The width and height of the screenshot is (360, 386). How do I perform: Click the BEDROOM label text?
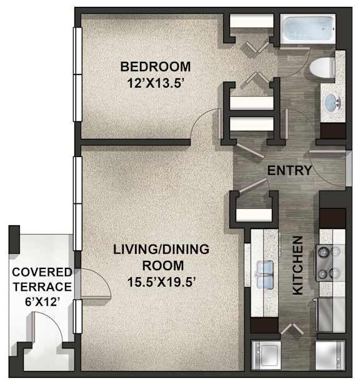click(x=156, y=67)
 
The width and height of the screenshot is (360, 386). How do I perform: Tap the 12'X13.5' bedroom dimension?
click(x=156, y=83)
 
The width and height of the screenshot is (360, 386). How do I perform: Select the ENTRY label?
click(x=289, y=171)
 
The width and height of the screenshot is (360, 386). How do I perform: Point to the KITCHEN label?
click(x=297, y=265)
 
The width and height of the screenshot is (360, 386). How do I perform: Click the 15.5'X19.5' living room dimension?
click(x=161, y=282)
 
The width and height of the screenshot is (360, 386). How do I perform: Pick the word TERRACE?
click(x=42, y=287)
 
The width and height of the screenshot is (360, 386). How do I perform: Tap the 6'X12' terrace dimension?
click(x=42, y=302)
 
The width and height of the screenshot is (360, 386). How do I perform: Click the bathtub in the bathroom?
click(x=307, y=29)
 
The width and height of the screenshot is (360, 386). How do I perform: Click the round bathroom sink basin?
click(x=332, y=102)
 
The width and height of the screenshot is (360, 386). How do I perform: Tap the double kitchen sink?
click(x=265, y=275)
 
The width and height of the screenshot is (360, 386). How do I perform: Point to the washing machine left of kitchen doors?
click(x=266, y=354)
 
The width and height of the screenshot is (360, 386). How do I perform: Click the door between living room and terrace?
click(x=96, y=283)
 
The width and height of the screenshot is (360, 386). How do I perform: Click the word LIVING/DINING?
click(x=161, y=249)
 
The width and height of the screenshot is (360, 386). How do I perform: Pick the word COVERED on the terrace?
click(x=42, y=272)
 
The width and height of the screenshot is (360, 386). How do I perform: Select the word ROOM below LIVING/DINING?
click(x=163, y=266)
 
